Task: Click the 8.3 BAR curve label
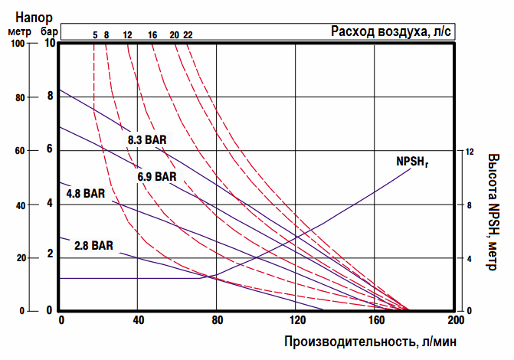(x=147, y=140)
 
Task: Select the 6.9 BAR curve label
(x=157, y=177)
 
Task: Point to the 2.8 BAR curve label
(x=94, y=246)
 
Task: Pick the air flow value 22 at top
(x=188, y=34)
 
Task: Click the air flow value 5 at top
(x=95, y=34)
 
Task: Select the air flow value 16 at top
(x=153, y=34)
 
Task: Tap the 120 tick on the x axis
(x=296, y=320)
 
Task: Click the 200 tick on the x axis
(x=454, y=320)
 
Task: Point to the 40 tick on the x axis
(x=138, y=320)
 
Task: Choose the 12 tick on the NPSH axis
(x=470, y=152)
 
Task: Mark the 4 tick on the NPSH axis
(x=469, y=259)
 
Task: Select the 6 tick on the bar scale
(x=50, y=149)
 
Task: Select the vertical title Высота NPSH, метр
(x=494, y=207)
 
